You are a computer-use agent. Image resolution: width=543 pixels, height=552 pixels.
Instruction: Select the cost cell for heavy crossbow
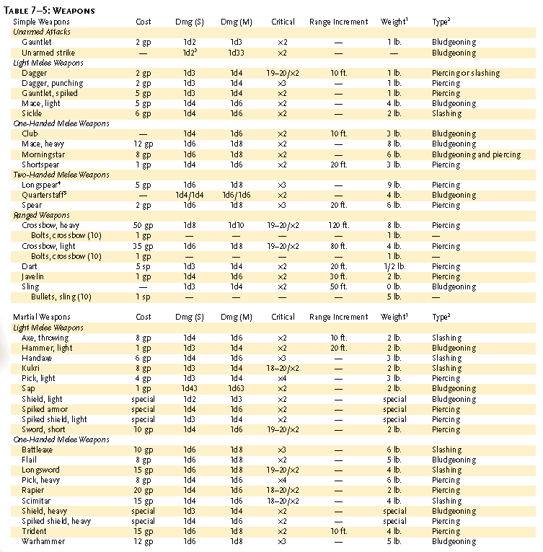click(144, 226)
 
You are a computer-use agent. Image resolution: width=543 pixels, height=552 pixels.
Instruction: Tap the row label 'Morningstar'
click(45, 154)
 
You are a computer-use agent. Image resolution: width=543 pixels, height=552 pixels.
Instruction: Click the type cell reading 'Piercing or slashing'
click(466, 73)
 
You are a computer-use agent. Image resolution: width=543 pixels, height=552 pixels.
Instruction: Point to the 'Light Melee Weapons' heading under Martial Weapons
click(48, 328)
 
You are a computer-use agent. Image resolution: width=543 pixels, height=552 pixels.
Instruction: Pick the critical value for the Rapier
click(283, 491)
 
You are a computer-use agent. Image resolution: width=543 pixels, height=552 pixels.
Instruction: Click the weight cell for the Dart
click(393, 266)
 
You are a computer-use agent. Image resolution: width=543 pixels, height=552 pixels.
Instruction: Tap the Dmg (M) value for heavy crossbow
click(236, 226)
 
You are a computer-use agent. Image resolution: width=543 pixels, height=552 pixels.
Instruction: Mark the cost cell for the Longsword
click(144, 470)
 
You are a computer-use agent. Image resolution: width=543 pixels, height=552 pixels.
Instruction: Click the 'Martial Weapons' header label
click(43, 317)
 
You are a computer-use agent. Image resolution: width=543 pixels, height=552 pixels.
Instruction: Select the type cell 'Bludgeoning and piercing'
click(476, 154)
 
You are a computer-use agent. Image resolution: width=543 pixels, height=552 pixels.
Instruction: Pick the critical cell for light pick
click(283, 378)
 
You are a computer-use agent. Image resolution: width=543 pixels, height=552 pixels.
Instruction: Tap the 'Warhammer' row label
click(43, 541)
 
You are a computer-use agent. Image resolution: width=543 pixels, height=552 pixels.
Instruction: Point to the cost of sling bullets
click(144, 297)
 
